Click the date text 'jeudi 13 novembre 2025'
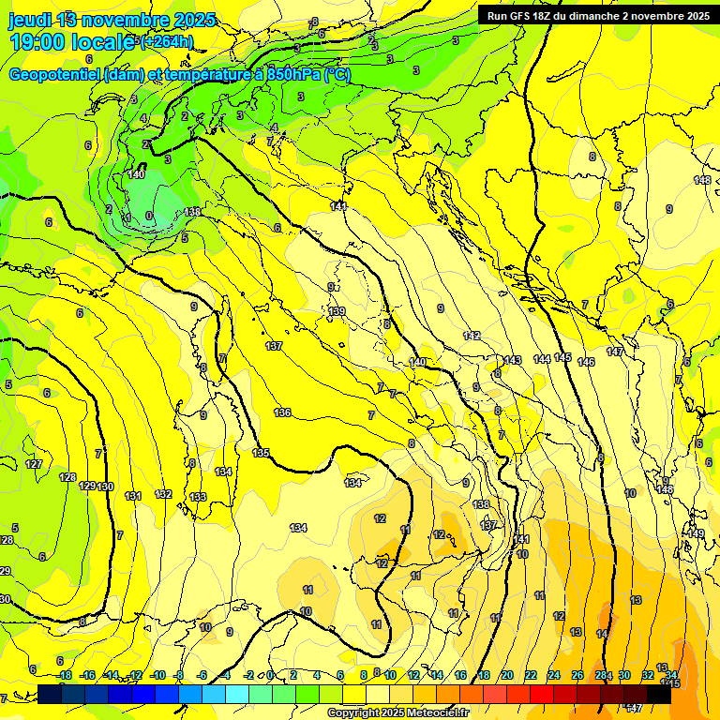[112, 20]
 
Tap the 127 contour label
[34, 465]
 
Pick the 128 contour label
[67, 477]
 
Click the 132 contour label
[163, 494]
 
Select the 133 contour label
[197, 497]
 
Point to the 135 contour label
[261, 453]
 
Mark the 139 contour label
[337, 311]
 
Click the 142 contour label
[472, 336]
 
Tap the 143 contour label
[512, 360]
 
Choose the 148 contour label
[702, 180]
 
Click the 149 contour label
[696, 533]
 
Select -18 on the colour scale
[65, 675]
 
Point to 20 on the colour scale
[506, 675]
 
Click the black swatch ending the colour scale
[659, 695]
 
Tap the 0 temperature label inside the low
[149, 216]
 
